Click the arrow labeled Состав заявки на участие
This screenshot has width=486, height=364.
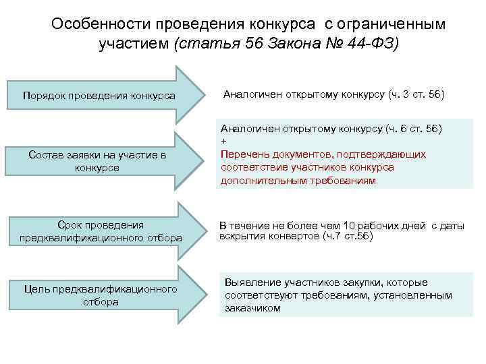(101, 161)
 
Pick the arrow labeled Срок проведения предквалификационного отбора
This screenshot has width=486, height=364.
(101, 231)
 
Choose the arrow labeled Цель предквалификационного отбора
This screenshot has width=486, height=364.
(101, 295)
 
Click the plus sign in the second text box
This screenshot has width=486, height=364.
(223, 141)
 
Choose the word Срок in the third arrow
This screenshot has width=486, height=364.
(70, 224)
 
